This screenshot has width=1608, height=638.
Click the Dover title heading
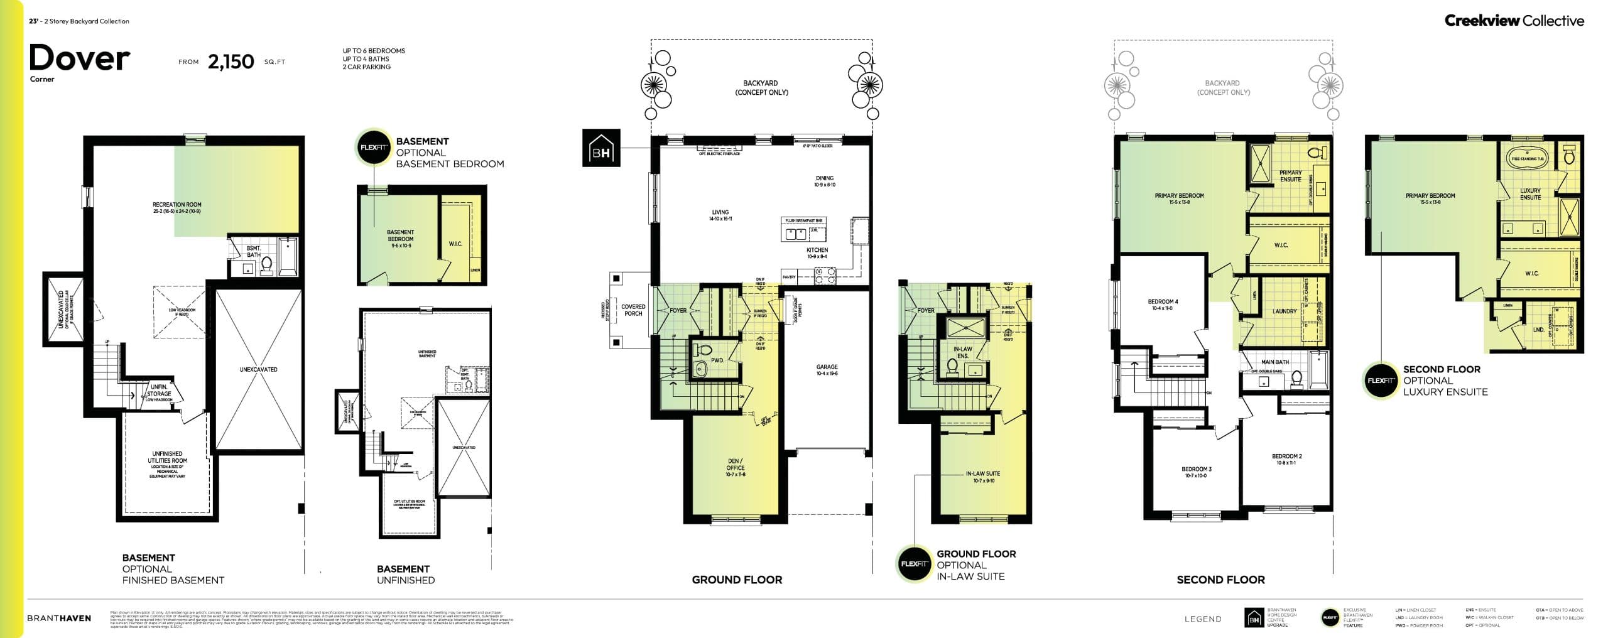(79, 58)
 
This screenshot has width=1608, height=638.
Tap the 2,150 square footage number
(231, 62)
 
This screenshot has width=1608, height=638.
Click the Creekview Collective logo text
(1514, 21)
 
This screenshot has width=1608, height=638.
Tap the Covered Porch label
(633, 310)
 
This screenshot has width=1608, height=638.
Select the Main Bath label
(1274, 362)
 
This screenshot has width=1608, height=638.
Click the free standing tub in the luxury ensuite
(1528, 158)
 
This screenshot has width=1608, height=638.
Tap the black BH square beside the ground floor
(601, 148)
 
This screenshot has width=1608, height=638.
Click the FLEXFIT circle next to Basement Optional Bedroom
(373, 148)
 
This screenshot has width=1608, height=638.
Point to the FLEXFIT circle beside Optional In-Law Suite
(913, 563)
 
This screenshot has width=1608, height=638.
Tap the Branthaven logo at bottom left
(59, 618)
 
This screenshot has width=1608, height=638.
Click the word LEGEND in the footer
(1203, 619)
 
